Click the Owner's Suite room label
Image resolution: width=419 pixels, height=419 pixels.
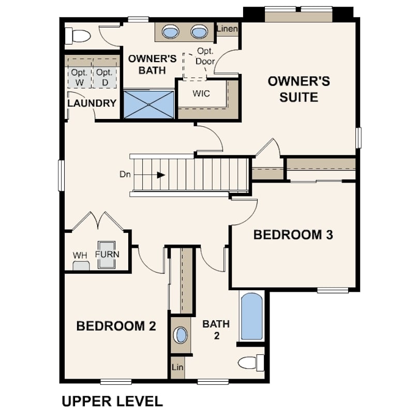[299, 89]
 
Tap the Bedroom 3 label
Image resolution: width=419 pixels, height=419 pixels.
[293, 235]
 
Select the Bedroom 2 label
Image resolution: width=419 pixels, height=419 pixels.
[116, 326]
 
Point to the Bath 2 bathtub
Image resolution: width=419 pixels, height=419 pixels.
[252, 317]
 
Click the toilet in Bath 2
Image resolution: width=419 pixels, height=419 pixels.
[251, 363]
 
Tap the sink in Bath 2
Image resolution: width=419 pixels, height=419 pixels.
[181, 335]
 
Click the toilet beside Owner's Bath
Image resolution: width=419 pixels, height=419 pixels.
[78, 36]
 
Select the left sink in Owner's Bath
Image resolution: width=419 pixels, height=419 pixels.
[171, 32]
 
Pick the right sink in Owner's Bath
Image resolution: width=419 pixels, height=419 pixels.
[199, 32]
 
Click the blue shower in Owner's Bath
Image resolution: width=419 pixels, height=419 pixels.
[148, 104]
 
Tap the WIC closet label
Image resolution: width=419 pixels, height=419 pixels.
[201, 94]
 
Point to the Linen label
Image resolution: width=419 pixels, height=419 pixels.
[227, 28]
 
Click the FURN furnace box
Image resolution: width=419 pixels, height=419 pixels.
[107, 255]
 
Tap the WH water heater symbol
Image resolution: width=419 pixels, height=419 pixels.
[81, 266]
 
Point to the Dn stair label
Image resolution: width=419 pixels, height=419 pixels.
[125, 174]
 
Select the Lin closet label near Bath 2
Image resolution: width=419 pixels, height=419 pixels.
[177, 367]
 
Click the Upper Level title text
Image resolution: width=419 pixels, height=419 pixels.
[112, 401]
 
